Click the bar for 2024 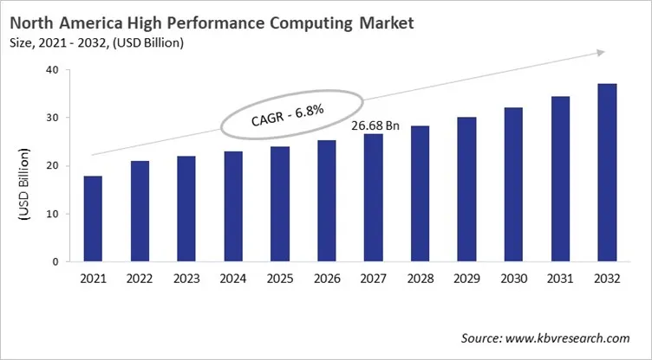click(233, 207)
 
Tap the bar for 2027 click(374, 198)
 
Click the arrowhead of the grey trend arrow click(598, 53)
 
